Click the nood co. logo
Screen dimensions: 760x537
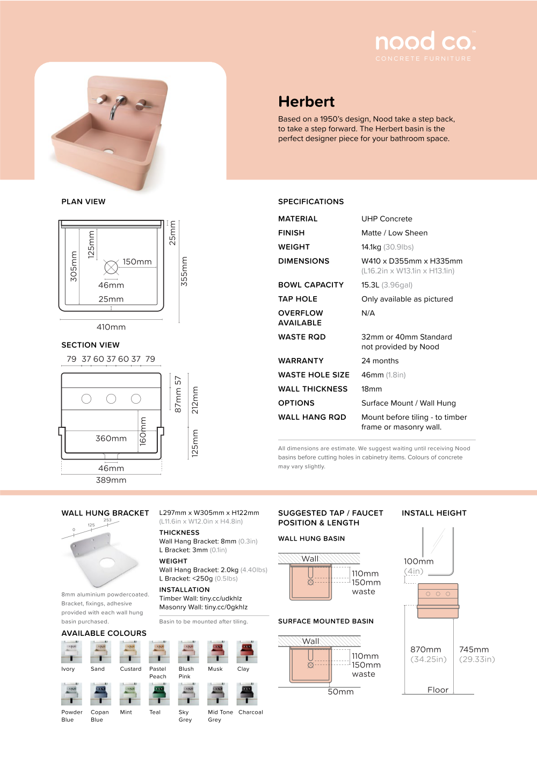click(425, 42)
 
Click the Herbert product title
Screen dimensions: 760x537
click(306, 102)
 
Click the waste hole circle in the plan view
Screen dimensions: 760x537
click(111, 267)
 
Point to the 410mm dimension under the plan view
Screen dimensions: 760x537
click(111, 327)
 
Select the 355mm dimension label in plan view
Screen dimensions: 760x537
click(184, 271)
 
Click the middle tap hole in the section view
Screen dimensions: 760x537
click(111, 398)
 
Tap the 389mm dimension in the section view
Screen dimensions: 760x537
click(111, 480)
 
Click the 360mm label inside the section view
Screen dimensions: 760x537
click(111, 439)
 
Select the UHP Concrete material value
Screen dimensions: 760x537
click(387, 219)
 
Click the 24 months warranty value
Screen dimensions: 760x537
click(380, 361)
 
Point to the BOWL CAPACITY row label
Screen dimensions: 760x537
click(310, 285)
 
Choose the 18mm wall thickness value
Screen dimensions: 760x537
click(372, 389)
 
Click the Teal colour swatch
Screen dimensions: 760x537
click(159, 694)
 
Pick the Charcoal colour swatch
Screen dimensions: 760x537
click(247, 694)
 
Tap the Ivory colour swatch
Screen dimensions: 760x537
click(71, 651)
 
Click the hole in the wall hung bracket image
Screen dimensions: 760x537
click(107, 563)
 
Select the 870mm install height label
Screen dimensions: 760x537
click(426, 650)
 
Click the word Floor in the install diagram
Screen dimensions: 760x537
click(438, 690)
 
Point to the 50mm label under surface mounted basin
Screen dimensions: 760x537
click(340, 692)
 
